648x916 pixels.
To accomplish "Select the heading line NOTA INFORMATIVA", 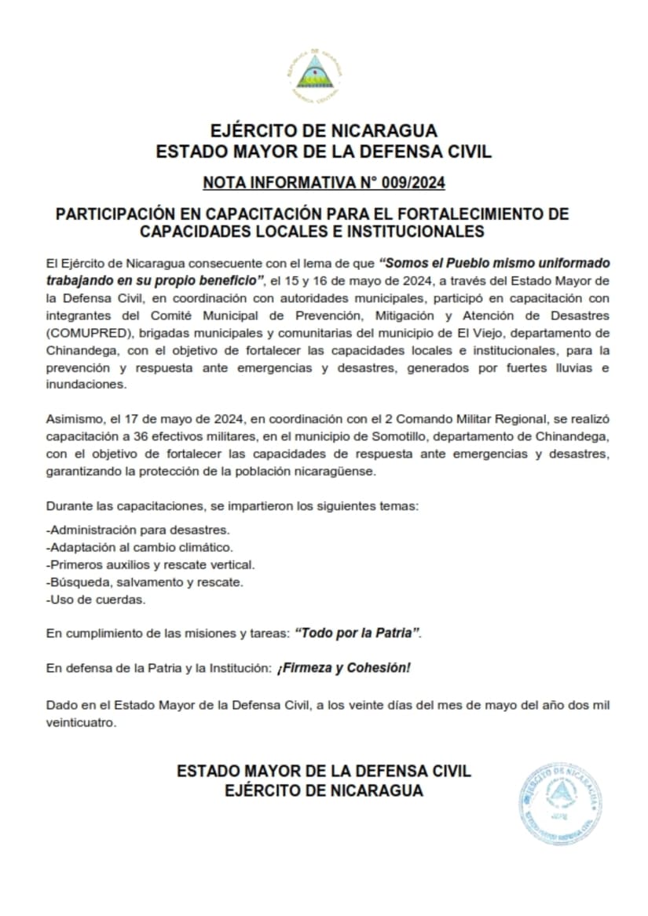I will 324,184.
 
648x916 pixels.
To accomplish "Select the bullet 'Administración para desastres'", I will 137,530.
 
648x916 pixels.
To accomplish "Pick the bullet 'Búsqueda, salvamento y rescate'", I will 145,582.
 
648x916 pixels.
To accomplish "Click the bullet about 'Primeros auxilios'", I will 150,564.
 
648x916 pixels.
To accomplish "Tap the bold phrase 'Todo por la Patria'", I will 357,633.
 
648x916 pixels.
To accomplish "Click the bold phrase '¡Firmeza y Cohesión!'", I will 343,668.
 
